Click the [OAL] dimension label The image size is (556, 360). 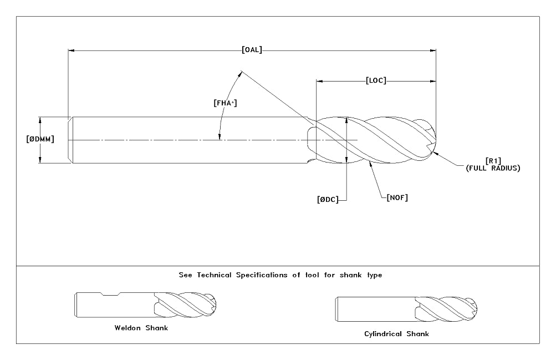[252, 50]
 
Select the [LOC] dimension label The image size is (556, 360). [376, 80]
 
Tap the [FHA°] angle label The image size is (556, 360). [225, 103]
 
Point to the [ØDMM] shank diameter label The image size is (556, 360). [40, 139]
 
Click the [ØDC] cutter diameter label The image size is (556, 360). [328, 200]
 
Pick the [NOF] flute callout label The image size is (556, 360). [397, 197]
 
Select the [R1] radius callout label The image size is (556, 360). [493, 161]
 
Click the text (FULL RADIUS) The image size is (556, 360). [493, 168]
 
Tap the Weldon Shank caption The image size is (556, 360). [141, 328]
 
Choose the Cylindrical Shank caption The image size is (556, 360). [396, 334]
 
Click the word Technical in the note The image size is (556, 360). [214, 275]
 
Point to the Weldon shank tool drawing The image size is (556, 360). [145, 305]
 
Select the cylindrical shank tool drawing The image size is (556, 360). [406, 309]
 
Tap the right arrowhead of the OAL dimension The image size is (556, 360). [432, 50]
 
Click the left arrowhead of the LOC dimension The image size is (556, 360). [319, 81]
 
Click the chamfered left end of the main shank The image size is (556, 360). [70, 140]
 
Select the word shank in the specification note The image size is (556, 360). [350, 275]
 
